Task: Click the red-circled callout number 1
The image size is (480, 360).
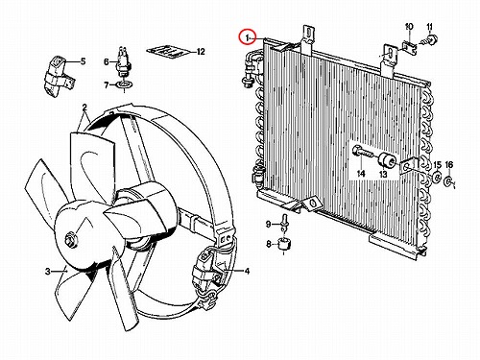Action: coord(247,38)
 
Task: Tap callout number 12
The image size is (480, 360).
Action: coord(201,52)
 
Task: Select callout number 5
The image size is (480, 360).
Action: coord(84,61)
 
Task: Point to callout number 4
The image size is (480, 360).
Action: coord(247,272)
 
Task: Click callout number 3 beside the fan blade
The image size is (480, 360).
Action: coord(48,272)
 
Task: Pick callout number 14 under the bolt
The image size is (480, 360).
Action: coord(361,174)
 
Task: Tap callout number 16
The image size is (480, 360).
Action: coord(449,165)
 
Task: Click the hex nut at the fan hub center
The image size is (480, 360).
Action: coord(70,240)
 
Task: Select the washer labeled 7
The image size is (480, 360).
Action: coord(124,85)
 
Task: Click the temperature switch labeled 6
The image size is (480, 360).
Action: coord(122,63)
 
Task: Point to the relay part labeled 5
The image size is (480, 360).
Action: coord(58,76)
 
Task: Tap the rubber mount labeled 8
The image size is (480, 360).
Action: coord(283,244)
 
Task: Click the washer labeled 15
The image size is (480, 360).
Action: coord(436,177)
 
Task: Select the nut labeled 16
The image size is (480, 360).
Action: coord(447,181)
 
